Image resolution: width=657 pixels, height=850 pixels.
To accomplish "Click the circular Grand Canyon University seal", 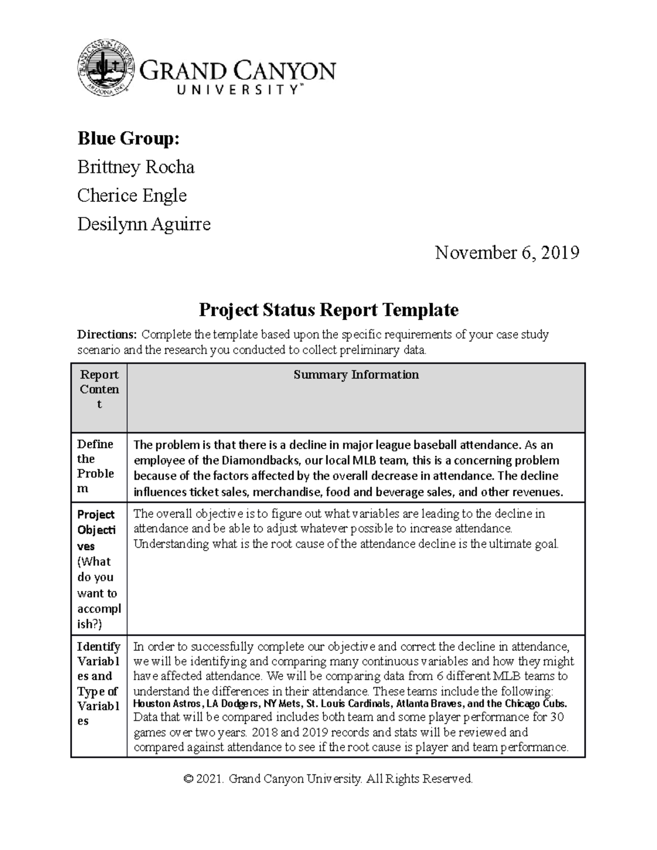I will [106, 67].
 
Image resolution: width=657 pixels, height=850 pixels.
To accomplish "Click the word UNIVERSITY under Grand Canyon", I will [238, 90].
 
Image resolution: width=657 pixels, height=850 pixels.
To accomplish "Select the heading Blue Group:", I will [128, 139].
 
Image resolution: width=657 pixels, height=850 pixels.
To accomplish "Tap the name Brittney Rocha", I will [136, 167].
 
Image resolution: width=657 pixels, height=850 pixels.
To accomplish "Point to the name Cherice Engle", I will [132, 195].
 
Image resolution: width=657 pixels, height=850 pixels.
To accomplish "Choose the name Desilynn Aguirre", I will [143, 224].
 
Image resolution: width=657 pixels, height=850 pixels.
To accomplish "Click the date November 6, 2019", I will [507, 253].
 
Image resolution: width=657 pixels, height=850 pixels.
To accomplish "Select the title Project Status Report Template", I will [328, 310].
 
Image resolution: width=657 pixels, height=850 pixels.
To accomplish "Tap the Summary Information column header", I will [356, 375].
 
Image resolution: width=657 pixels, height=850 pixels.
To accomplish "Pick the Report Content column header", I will [99, 389].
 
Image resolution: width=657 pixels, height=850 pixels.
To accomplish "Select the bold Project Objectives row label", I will [96, 530].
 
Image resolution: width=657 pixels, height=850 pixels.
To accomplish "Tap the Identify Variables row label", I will [99, 683].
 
